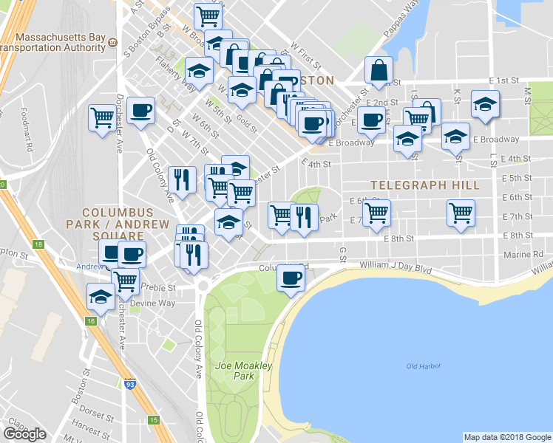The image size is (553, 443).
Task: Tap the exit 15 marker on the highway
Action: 153,420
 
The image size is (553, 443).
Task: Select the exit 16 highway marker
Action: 91,321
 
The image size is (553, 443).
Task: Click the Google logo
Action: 25,433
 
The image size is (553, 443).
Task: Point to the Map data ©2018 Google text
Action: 506,437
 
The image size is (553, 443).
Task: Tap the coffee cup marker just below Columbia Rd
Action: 291,278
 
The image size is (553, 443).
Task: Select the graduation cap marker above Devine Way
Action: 100,296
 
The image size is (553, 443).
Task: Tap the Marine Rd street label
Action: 527,253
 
